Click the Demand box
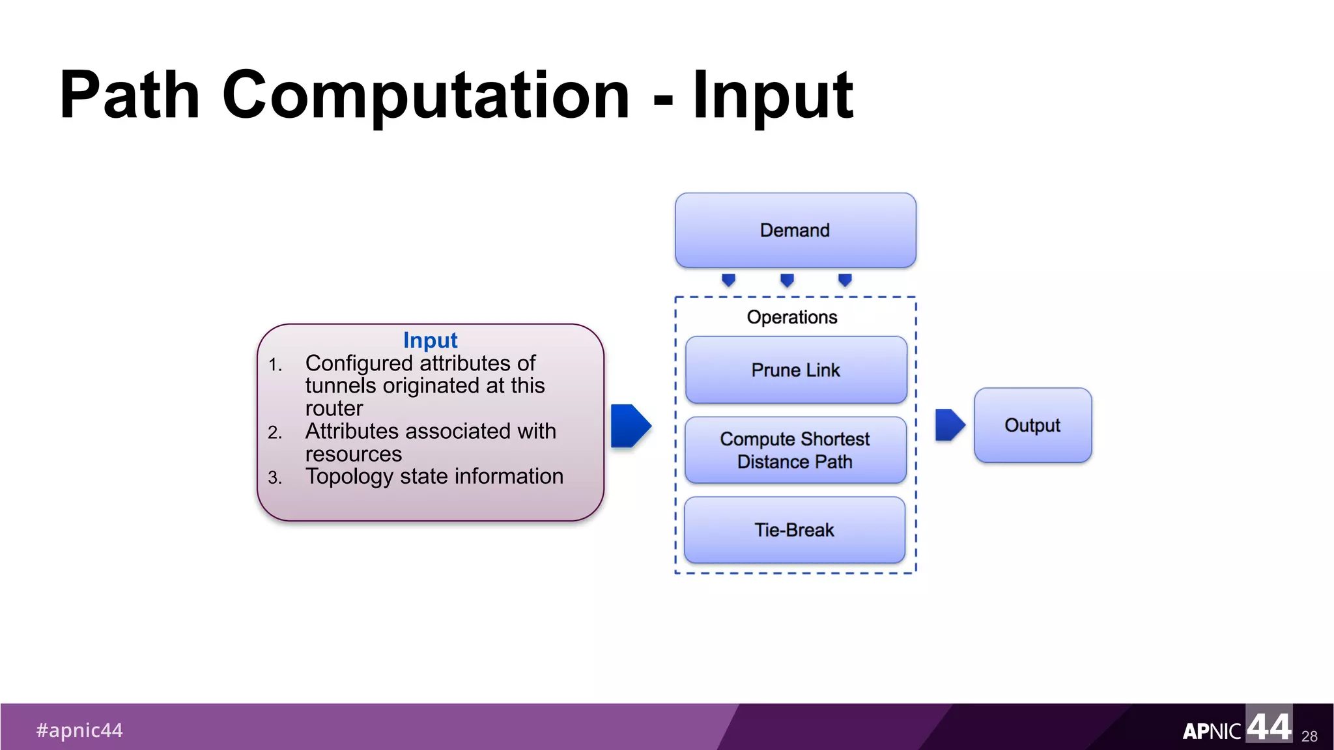pos(795,230)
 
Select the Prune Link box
pos(795,370)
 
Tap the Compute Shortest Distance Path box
pos(795,451)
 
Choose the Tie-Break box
pos(794,530)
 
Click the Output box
pos(1032,425)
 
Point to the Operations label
pos(792,317)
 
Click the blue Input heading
pos(430,340)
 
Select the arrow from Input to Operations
pos(630,426)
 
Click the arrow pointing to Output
pos(949,425)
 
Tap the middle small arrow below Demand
pos(787,280)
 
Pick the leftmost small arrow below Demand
pos(729,280)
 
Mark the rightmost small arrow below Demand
pos(845,280)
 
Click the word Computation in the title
pos(426,96)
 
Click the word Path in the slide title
pos(129,96)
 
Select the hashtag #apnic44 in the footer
pos(79,730)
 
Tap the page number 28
pos(1309,736)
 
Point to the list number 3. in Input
pos(275,478)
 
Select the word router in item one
pos(334,408)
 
